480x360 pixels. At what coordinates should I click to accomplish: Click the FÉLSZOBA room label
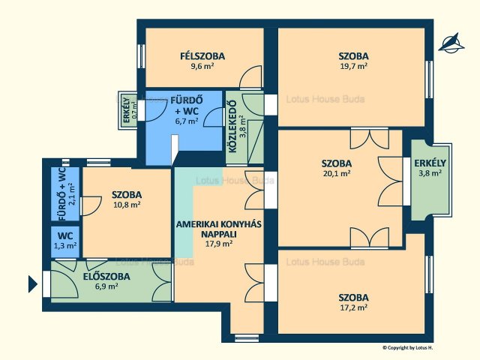point(202,56)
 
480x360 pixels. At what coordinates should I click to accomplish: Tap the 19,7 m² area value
point(353,66)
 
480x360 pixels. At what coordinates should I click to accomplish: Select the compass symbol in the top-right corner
point(451,43)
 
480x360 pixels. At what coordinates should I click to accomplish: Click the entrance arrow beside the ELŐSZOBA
point(33,284)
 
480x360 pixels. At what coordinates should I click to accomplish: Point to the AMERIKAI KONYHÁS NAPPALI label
point(218,229)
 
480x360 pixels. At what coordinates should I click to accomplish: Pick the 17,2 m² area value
point(353,307)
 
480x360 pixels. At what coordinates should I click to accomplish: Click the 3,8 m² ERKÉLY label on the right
point(430,168)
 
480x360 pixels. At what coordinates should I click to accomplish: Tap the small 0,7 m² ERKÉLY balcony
point(127,110)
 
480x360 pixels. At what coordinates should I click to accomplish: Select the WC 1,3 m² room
point(65,241)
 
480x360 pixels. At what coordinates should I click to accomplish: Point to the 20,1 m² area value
point(337,173)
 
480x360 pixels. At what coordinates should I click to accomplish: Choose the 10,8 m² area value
point(127,205)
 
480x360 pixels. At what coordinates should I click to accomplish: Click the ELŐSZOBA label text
point(106,277)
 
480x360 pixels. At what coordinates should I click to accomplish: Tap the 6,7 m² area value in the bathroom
point(187,121)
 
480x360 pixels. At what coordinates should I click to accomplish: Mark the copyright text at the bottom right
point(408,347)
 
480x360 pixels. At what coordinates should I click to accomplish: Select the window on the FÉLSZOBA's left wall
point(141,56)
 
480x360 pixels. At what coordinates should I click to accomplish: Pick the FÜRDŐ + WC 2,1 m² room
point(65,194)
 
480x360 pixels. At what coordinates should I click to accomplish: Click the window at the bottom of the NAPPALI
point(247,338)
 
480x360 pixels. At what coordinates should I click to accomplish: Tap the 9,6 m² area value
point(202,66)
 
